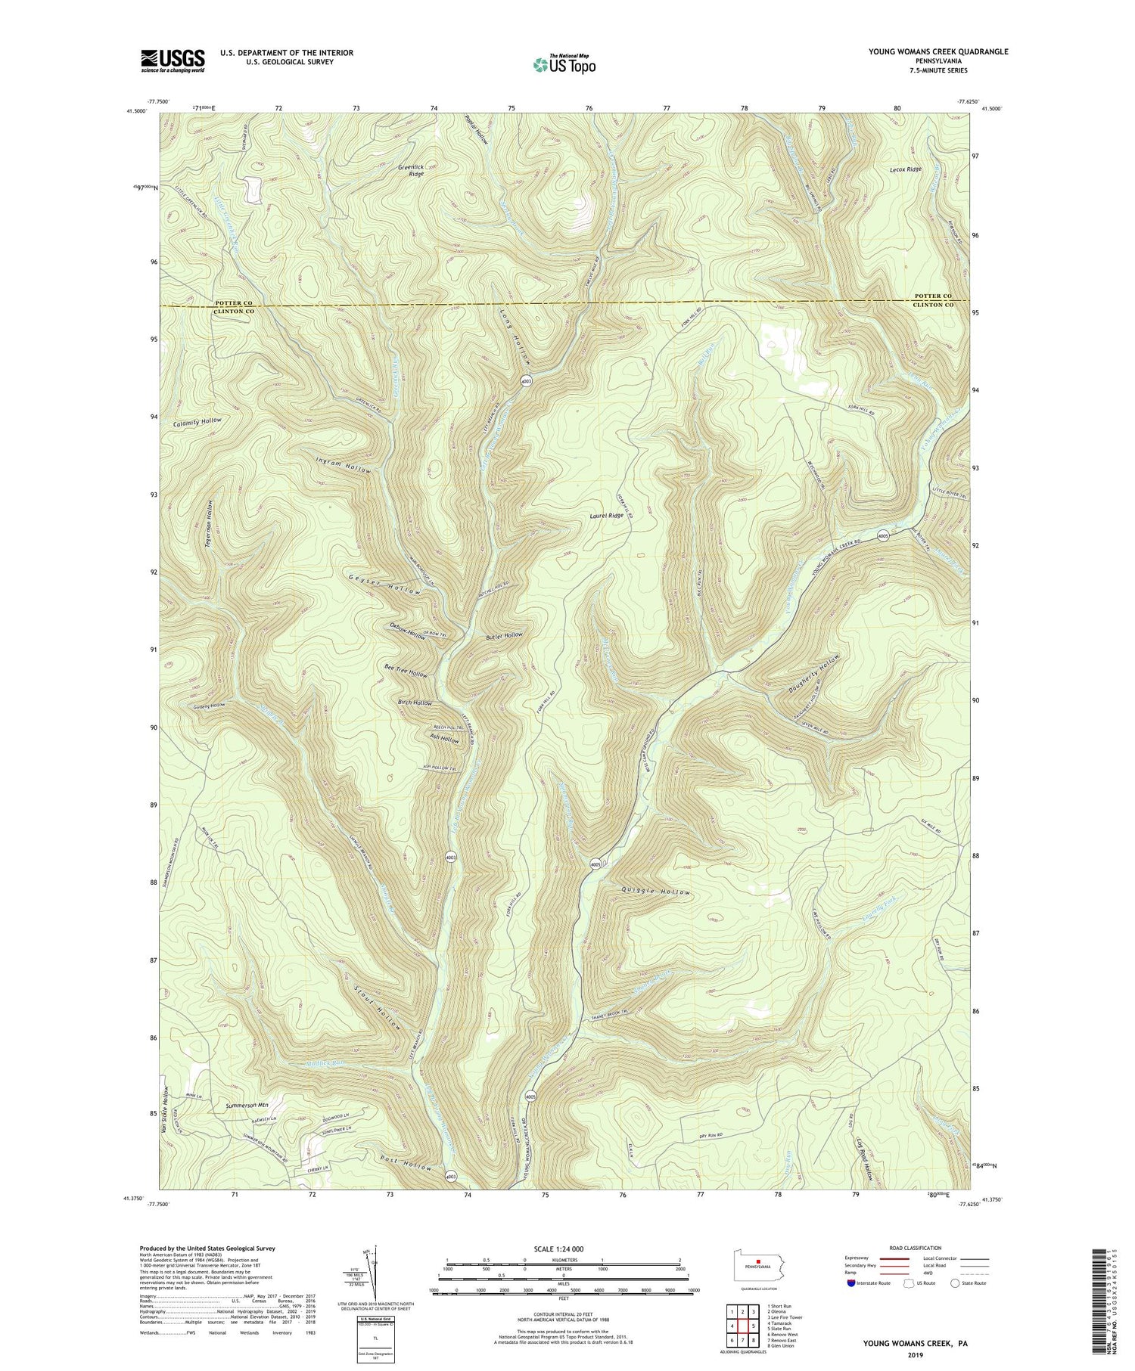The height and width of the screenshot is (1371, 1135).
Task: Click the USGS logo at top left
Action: coord(173,60)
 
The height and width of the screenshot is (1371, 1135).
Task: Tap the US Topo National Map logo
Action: coord(564,64)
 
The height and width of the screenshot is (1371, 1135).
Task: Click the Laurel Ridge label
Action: coord(607,516)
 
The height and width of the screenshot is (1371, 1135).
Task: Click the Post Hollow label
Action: coord(406,1162)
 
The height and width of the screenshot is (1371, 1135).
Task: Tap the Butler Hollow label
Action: coord(504,636)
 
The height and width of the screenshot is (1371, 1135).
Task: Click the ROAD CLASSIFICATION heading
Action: coord(915,1248)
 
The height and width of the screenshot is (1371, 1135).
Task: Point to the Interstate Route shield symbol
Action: coord(853,1283)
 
